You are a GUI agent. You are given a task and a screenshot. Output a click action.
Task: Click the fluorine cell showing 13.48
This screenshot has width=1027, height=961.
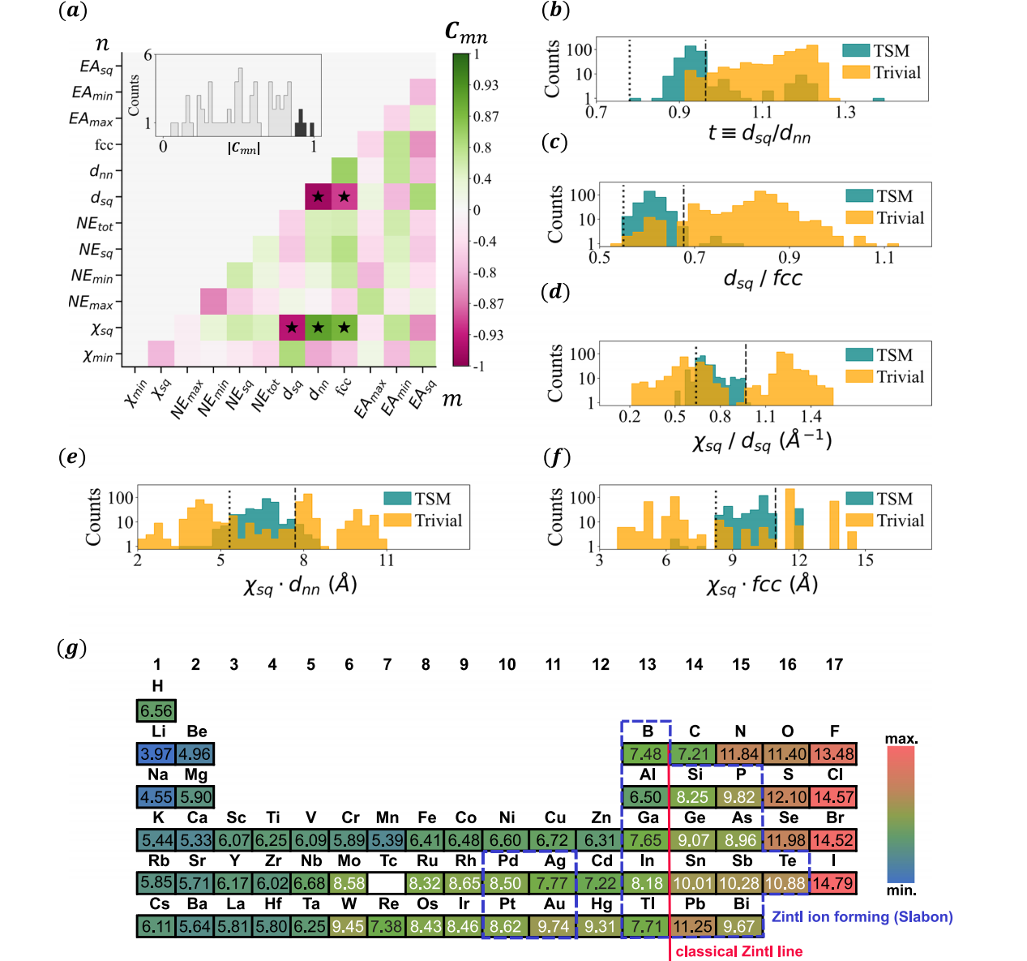click(x=834, y=754)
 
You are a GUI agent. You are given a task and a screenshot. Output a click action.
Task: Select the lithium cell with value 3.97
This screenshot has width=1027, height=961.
click(x=156, y=754)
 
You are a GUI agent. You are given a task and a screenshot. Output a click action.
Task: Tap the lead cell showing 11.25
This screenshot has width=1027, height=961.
click(x=692, y=926)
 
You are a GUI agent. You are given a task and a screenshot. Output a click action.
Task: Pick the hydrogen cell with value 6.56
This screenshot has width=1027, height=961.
click(x=156, y=711)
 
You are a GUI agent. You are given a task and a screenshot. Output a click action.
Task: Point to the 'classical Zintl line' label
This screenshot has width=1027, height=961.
click(x=738, y=951)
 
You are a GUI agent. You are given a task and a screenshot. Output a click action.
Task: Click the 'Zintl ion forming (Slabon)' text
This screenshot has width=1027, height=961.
click(x=862, y=916)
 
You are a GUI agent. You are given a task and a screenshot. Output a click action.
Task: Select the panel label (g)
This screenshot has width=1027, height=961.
click(x=72, y=648)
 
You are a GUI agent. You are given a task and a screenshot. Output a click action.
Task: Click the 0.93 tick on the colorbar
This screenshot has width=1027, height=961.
click(x=486, y=85)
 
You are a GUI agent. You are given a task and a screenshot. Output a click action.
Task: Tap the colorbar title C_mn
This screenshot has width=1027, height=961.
click(x=466, y=32)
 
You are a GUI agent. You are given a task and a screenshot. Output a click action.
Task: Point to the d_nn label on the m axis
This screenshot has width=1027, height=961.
click(x=318, y=392)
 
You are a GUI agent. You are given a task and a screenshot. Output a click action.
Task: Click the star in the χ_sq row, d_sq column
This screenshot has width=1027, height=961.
click(x=292, y=328)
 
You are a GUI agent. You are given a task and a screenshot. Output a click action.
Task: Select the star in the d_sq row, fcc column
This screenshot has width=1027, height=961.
click(x=344, y=196)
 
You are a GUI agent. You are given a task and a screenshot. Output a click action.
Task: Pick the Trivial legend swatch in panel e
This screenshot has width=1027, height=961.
click(x=397, y=521)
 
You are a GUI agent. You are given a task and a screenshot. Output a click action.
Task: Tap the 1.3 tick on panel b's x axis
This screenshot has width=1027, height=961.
click(x=845, y=112)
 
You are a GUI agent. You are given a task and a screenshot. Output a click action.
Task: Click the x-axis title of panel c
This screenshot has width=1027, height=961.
click(x=762, y=279)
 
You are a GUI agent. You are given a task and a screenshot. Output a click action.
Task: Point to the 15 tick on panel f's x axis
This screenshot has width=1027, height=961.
click(x=866, y=560)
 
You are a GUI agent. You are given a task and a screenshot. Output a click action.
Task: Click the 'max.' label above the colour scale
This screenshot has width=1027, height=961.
click(x=901, y=739)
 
